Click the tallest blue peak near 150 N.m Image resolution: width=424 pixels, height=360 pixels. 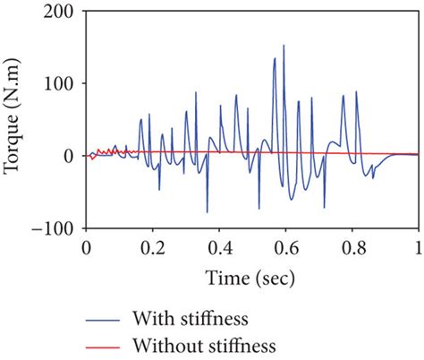[284, 46]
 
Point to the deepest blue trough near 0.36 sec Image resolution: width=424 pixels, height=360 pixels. [208, 211]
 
